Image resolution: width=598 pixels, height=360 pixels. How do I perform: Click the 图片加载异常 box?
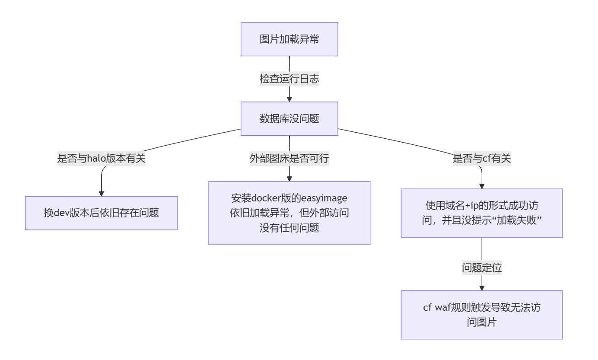pyautogui.click(x=289, y=39)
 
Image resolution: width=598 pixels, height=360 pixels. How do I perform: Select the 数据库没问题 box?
pyautogui.click(x=289, y=119)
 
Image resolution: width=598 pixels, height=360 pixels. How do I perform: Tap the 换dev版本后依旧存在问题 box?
pyautogui.click(x=101, y=213)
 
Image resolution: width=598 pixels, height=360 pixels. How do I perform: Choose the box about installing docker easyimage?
pyautogui.click(x=289, y=213)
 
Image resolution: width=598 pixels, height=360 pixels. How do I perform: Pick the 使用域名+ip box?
pyautogui.click(x=482, y=213)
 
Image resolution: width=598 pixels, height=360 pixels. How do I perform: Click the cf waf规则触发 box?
pyautogui.click(x=482, y=315)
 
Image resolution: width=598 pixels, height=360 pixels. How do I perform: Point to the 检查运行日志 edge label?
pyautogui.click(x=289, y=79)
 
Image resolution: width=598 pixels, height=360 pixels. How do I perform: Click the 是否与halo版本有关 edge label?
pyautogui.click(x=101, y=159)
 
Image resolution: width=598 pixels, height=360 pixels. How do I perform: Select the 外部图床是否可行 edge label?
pyautogui.click(x=289, y=159)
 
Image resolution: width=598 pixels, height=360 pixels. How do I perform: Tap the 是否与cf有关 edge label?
pyautogui.click(x=482, y=159)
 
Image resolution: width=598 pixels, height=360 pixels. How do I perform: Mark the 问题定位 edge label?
pyautogui.click(x=482, y=268)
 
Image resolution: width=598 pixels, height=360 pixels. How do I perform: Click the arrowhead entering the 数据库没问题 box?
pyautogui.click(x=289, y=99)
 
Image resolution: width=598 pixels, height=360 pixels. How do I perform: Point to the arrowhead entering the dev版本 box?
pyautogui.click(x=101, y=193)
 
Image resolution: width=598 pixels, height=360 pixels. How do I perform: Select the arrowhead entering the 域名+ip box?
pyautogui.click(x=482, y=186)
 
